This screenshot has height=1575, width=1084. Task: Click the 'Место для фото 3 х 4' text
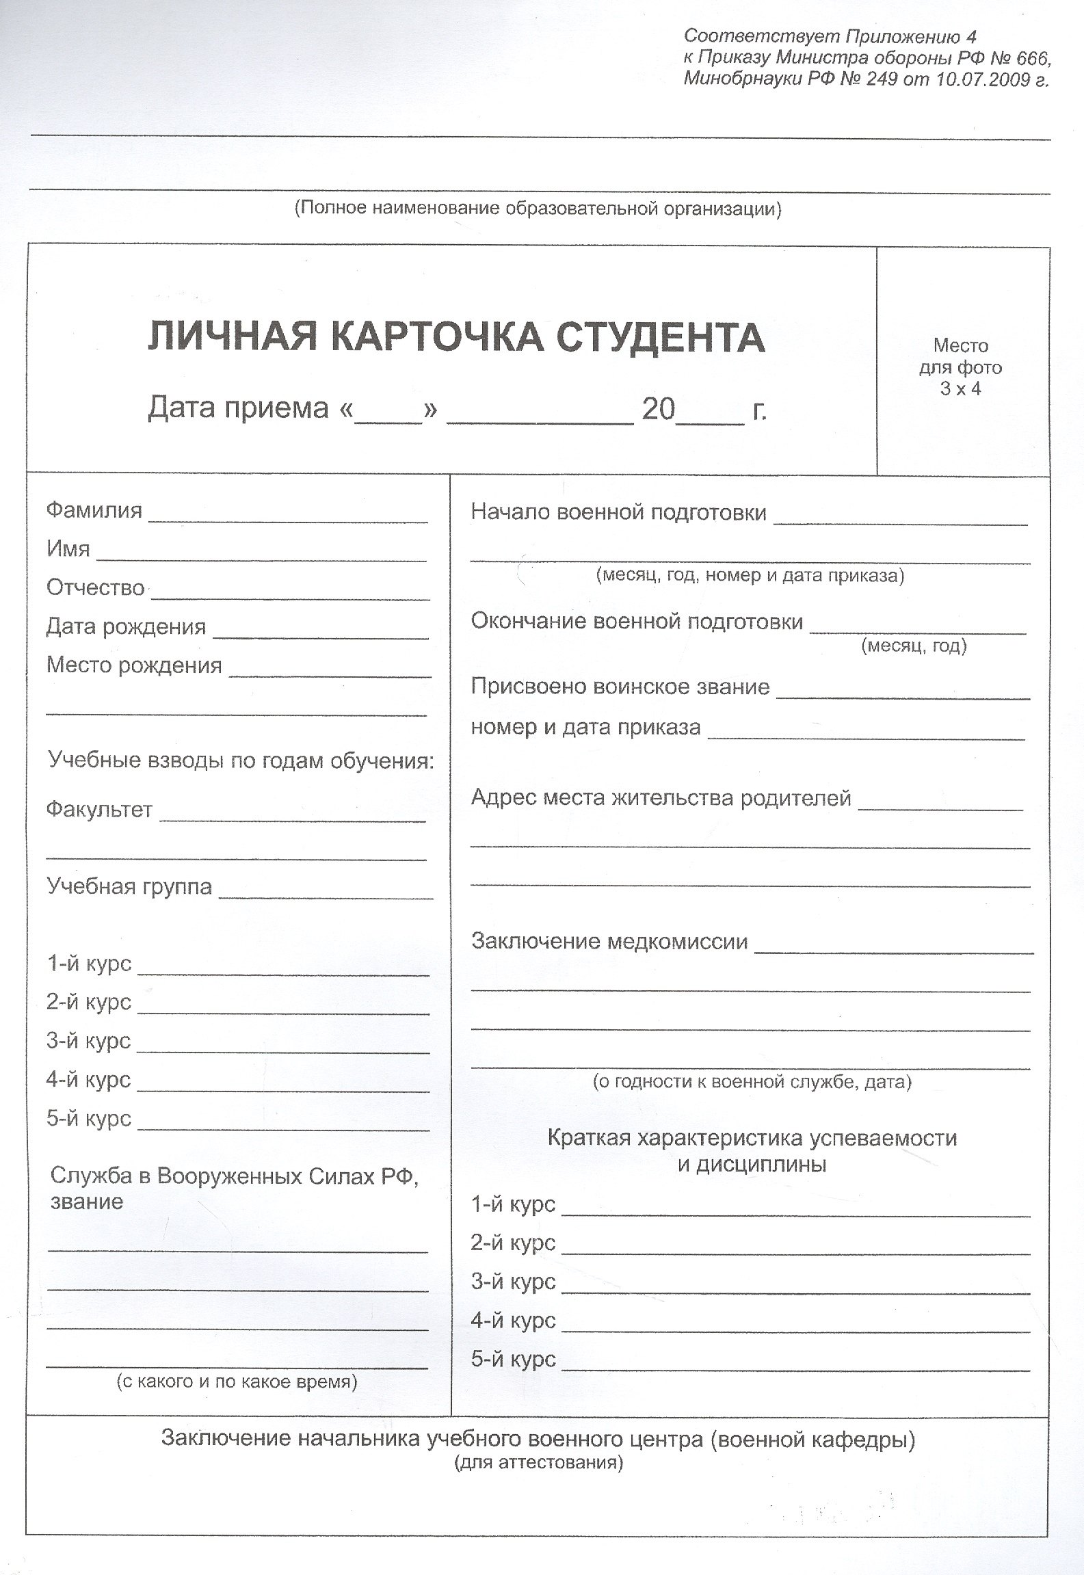point(960,367)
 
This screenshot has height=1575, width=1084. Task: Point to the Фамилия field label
point(94,510)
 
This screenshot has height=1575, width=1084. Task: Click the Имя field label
point(68,548)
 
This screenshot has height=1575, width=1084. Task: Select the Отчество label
point(96,587)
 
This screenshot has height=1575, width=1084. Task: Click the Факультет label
point(99,810)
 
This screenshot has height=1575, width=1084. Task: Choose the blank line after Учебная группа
point(326,897)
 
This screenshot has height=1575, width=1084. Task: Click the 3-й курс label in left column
point(89,1041)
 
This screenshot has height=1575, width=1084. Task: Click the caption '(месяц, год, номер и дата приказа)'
point(750,575)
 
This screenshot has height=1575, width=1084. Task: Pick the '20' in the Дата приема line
point(659,409)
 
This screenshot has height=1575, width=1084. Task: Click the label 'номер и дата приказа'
point(585,726)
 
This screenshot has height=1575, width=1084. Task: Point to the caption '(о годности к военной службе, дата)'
point(752,1081)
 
